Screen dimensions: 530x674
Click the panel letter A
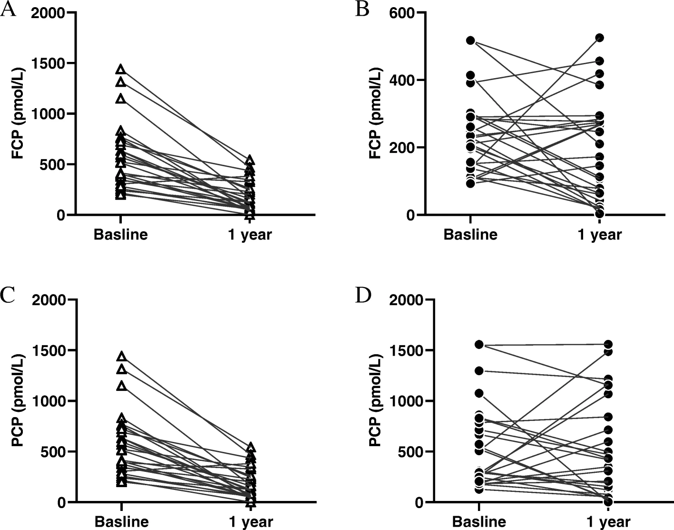[x=8, y=10]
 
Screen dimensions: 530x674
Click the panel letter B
[x=362, y=10]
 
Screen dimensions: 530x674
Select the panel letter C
[x=8, y=296]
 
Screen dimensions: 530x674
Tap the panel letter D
[x=363, y=296]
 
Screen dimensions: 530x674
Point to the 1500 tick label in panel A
[x=48, y=63]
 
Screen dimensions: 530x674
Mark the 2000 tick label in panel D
[x=407, y=300]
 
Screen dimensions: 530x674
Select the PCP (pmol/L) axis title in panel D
[x=376, y=400]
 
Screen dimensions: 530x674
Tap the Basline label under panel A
[x=121, y=235]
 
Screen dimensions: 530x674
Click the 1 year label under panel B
[x=600, y=235]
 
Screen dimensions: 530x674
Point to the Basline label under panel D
[x=479, y=522]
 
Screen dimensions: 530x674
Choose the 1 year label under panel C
[x=251, y=522]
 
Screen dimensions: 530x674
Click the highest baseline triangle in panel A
[x=121, y=70]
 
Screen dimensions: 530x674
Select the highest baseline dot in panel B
[x=470, y=40]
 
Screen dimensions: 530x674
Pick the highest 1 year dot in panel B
[x=600, y=38]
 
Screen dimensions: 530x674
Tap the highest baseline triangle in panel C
[x=121, y=357]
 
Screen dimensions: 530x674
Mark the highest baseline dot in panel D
[x=479, y=344]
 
